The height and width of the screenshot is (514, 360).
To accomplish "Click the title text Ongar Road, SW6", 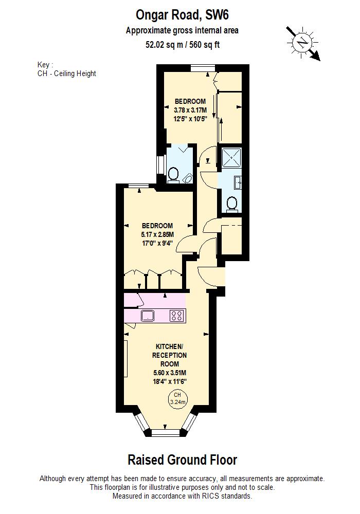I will click(182, 14).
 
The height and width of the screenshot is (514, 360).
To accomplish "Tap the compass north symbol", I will click(304, 42).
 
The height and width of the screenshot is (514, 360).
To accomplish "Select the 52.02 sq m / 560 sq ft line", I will click(183, 44).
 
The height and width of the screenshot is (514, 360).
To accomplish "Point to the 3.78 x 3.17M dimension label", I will click(190, 110).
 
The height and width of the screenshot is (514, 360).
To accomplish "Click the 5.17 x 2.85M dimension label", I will click(157, 234).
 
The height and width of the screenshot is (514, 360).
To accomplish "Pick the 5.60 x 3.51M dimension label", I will click(169, 373).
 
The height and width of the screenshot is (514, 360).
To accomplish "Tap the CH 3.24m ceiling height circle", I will click(178, 398).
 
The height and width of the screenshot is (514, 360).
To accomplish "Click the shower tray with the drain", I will click(230, 157).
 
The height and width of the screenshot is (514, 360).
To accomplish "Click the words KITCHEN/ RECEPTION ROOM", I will click(169, 355).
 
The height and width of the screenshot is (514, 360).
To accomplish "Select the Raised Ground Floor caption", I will click(182, 460).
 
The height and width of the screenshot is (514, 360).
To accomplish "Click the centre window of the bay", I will click(166, 432).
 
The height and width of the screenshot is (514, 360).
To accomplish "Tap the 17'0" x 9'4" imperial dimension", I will click(157, 244).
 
